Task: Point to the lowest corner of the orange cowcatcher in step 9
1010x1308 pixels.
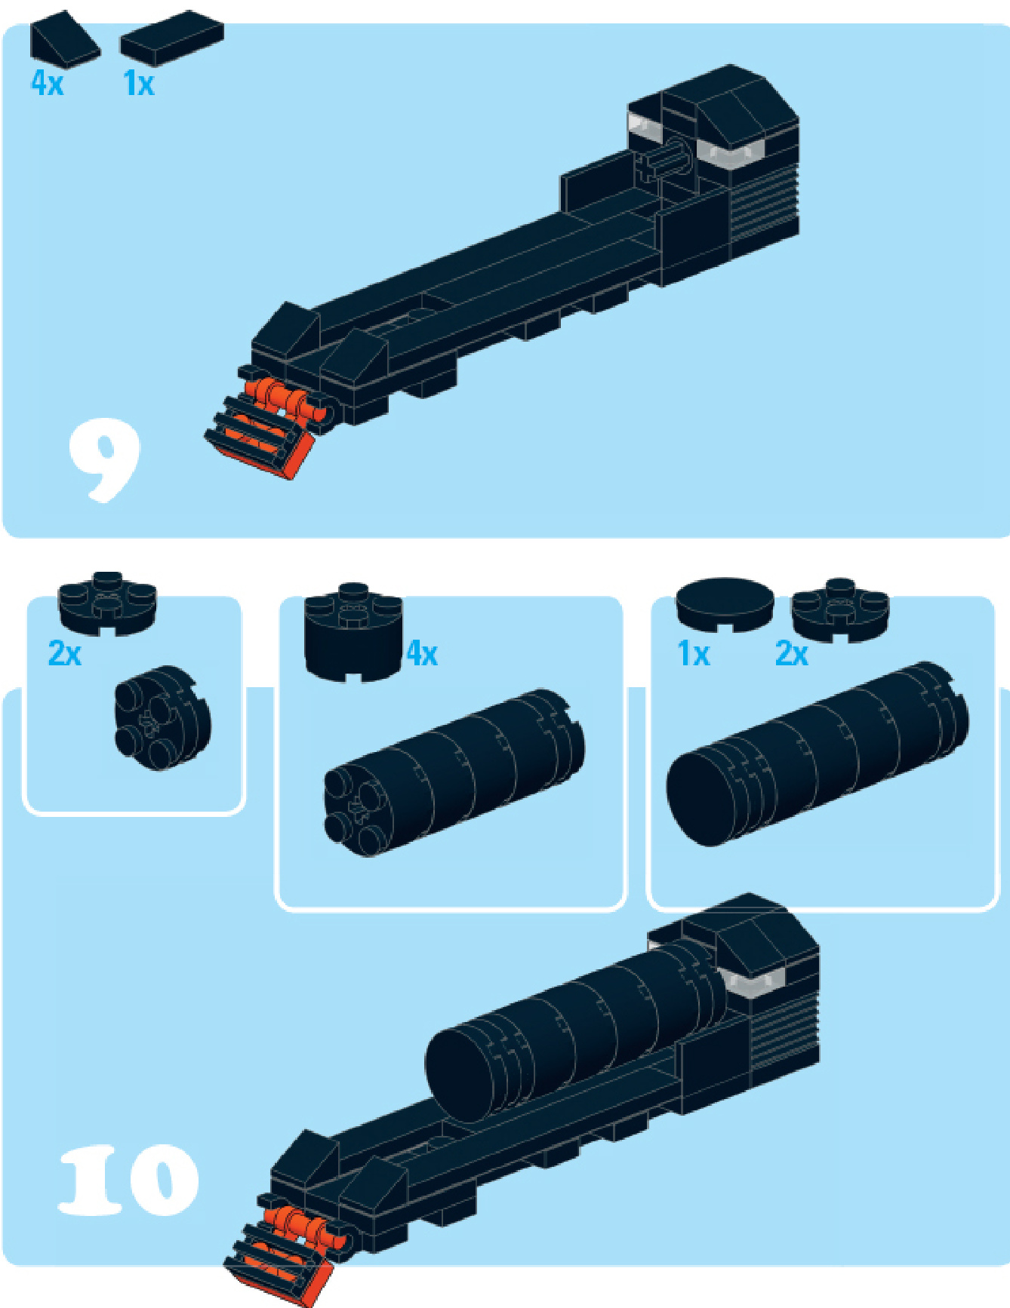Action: (291, 480)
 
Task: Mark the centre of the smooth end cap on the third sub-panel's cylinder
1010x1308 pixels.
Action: (704, 800)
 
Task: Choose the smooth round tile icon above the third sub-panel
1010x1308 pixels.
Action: (725, 604)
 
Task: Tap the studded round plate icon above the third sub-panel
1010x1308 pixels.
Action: (839, 609)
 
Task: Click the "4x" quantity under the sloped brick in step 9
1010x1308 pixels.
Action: (47, 82)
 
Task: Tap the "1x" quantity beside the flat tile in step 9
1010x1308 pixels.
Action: (139, 83)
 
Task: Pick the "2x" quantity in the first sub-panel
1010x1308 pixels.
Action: (65, 653)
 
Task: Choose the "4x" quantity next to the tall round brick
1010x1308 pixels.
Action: (422, 653)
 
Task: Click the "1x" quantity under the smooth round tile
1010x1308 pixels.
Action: (694, 654)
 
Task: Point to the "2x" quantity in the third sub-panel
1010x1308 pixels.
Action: (792, 654)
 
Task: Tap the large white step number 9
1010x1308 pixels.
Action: (104, 460)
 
